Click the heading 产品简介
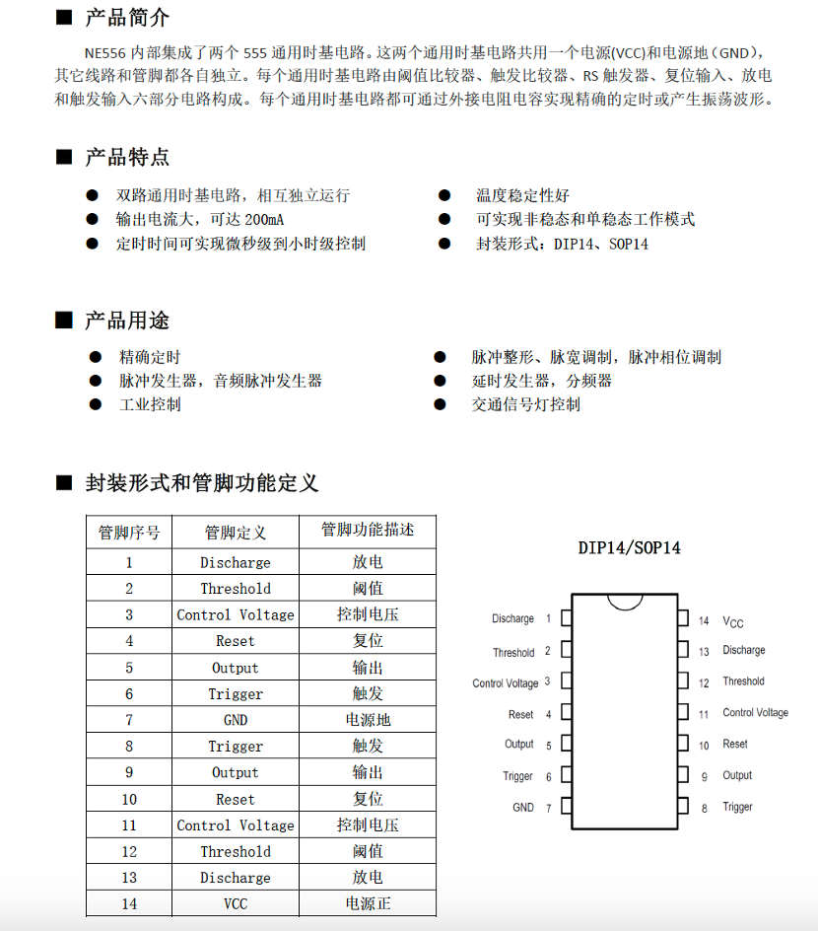127,18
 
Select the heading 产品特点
127,157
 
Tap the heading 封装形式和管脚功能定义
202,483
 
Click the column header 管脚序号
129,533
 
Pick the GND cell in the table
236,720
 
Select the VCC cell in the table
236,903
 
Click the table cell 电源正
368,903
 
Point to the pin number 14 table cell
129,903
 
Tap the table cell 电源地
368,720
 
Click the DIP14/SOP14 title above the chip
630,548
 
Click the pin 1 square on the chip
567,618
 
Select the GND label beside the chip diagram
522,807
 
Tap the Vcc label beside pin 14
733,621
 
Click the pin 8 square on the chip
682,807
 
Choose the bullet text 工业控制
150,404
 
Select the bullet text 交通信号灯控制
526,404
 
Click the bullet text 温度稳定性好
522,195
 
